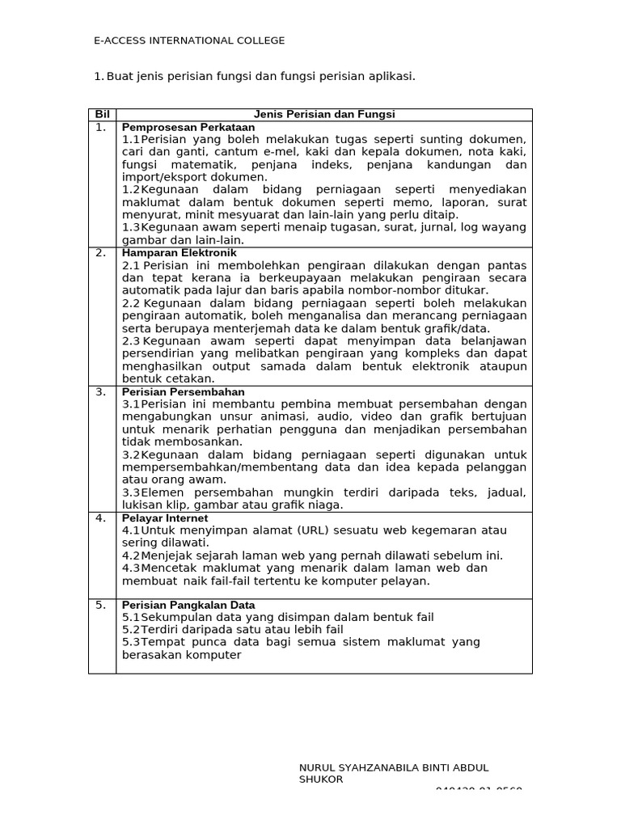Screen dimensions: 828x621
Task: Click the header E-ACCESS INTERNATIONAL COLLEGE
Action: [x=189, y=41]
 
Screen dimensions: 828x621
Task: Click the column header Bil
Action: [x=102, y=115]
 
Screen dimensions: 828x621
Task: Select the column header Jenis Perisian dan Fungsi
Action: [x=324, y=115]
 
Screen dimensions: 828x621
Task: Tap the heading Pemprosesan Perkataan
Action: [x=188, y=127]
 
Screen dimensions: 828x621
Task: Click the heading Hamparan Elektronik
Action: [x=180, y=253]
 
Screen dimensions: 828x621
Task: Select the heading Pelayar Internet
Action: [x=165, y=518]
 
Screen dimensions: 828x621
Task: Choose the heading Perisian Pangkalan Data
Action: [x=188, y=605]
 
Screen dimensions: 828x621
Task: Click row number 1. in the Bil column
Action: [x=100, y=127]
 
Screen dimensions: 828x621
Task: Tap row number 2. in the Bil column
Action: [x=100, y=253]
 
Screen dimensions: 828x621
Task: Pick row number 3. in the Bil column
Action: [x=100, y=391]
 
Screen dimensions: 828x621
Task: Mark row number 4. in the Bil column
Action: [x=100, y=518]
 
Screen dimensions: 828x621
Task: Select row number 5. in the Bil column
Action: [x=100, y=605]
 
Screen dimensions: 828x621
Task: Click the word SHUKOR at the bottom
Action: [x=321, y=779]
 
